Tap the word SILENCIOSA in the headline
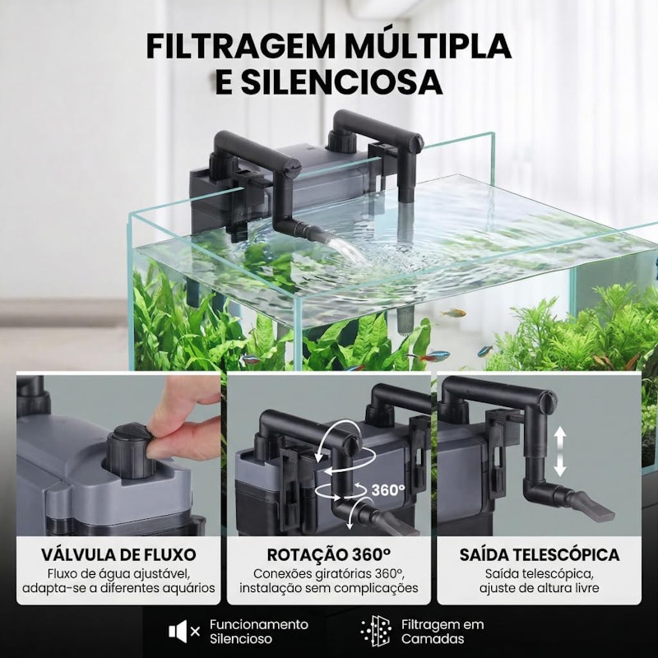click(341, 82)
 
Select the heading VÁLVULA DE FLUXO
click(118, 554)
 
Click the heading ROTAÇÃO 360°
click(329, 554)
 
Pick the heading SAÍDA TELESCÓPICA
click(540, 554)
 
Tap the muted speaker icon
click(184, 631)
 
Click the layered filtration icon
click(376, 631)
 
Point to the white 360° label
click(388, 489)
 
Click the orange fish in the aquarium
click(455, 313)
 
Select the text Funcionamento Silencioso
click(259, 632)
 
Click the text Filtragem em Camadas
click(443, 632)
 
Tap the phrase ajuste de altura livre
click(540, 588)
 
